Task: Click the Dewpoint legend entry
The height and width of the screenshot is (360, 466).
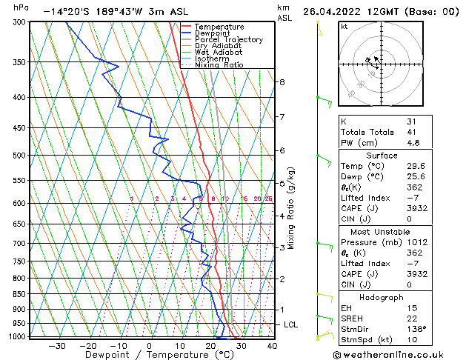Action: [212, 33]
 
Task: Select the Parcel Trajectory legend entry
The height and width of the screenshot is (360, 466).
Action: [228, 40]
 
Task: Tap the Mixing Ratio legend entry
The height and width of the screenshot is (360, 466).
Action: [219, 65]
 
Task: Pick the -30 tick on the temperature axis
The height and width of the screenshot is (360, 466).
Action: [57, 345]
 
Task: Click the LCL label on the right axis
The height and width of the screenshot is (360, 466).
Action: [292, 324]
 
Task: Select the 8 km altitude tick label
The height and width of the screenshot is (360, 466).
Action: [282, 81]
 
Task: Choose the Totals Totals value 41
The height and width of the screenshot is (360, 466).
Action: [411, 132]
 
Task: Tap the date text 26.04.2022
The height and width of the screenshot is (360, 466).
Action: [334, 12]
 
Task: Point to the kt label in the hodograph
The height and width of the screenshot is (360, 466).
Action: [344, 27]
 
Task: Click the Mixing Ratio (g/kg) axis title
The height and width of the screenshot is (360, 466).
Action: [291, 208]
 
